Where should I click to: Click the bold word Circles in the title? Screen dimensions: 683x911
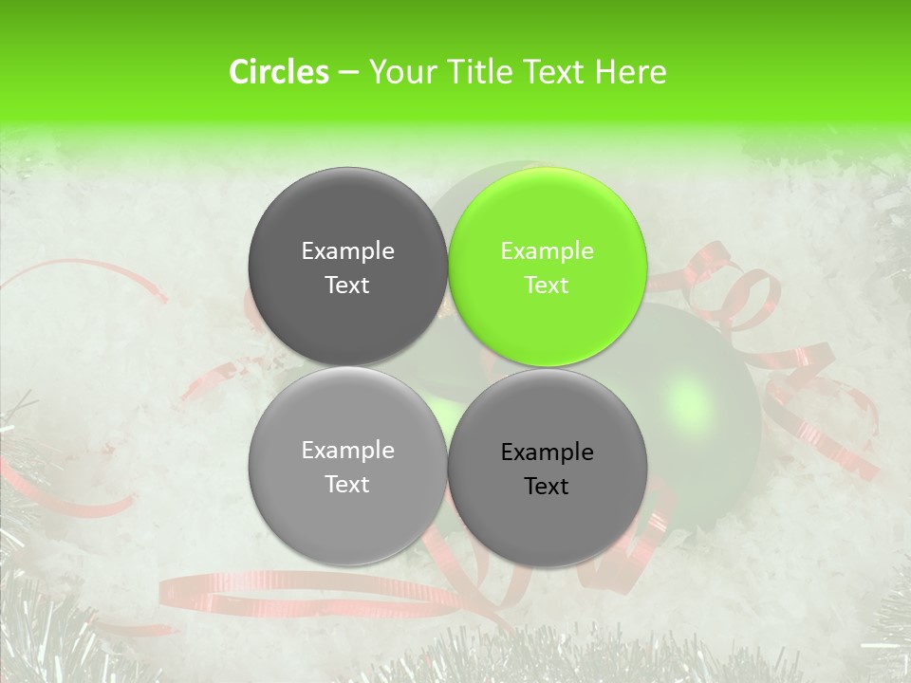278,72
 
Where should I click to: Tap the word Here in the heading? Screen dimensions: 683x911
630,72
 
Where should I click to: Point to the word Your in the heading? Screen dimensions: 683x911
396,72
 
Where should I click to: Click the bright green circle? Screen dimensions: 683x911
548,267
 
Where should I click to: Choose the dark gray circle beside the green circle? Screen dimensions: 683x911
347,267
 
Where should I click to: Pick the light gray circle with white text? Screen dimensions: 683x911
347,466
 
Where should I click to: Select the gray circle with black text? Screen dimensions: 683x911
548,468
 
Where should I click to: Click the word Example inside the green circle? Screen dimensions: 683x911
547,250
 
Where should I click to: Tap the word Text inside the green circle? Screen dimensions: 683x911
547,285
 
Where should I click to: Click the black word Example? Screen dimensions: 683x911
547,452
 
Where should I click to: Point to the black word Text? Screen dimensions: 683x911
547,486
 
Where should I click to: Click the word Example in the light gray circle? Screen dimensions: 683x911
347,450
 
